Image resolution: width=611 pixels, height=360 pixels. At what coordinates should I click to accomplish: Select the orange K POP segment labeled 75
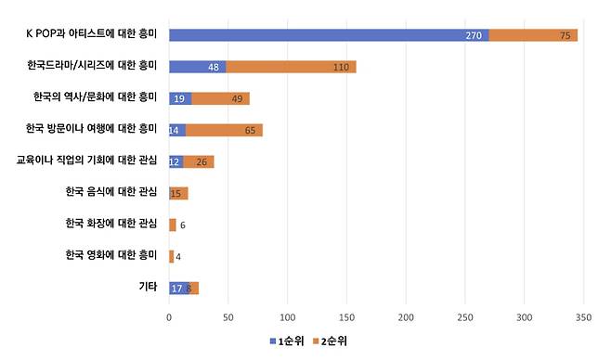pyautogui.click(x=533, y=35)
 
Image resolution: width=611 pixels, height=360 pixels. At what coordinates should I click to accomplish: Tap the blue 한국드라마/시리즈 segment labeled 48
pyautogui.click(x=197, y=67)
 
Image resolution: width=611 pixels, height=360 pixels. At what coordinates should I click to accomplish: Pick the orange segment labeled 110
pyautogui.click(x=291, y=67)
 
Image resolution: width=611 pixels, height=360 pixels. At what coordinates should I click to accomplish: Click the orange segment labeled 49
pyautogui.click(x=220, y=98)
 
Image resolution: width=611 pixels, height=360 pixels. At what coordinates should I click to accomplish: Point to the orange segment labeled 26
pyautogui.click(x=198, y=161)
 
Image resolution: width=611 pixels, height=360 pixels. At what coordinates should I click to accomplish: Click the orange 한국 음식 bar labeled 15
pyautogui.click(x=178, y=193)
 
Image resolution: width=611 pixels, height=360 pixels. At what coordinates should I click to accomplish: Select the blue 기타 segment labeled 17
pyautogui.click(x=178, y=288)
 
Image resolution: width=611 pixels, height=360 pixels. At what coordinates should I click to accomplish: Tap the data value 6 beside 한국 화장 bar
pyautogui.click(x=183, y=225)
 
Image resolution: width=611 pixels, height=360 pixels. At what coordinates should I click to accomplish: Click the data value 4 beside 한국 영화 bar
pyautogui.click(x=178, y=256)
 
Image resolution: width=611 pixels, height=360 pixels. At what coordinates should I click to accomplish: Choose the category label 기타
pyautogui.click(x=148, y=288)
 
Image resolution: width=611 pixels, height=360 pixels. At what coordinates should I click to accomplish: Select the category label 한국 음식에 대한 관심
pyautogui.click(x=110, y=193)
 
